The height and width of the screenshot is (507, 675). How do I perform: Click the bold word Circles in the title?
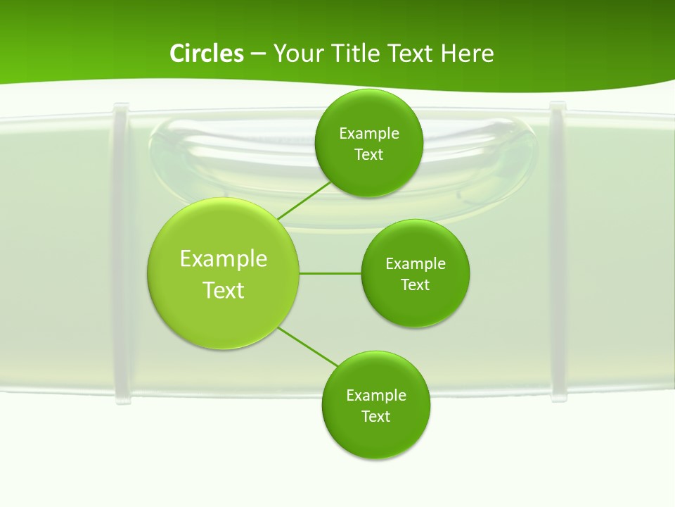[206, 54]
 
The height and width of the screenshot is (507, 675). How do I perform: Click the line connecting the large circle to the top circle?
[304, 201]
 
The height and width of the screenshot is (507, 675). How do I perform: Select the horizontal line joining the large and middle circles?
[330, 273]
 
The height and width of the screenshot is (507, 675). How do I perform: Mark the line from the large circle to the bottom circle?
[308, 346]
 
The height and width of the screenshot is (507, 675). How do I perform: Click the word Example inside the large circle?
[224, 259]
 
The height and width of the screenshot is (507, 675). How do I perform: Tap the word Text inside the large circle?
[224, 290]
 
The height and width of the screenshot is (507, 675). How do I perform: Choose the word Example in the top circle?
[368, 134]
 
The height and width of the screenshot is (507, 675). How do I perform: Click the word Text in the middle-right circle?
[415, 285]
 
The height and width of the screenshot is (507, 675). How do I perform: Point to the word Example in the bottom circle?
[375, 396]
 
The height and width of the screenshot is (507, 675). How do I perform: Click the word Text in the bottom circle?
[375, 417]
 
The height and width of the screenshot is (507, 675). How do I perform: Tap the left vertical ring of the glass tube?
[121, 254]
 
